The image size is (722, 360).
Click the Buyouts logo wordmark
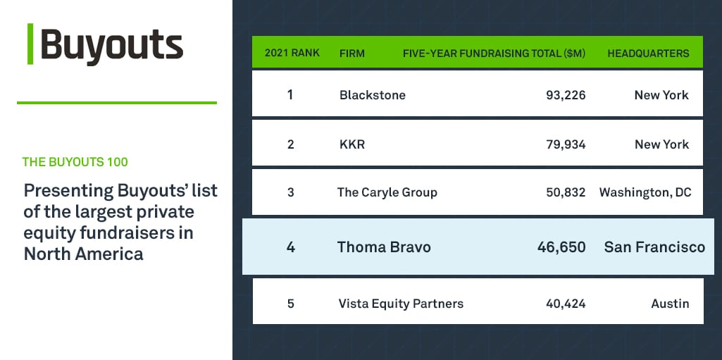[111, 46]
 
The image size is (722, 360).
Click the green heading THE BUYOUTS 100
[75, 162]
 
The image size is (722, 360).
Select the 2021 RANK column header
[292, 54]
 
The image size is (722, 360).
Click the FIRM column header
[351, 54]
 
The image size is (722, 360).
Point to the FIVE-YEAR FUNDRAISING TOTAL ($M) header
[494, 54]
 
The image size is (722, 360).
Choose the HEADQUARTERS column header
[648, 54]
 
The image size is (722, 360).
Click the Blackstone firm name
[372, 95]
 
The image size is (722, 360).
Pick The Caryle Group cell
[387, 192]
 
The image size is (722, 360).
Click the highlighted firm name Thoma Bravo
[383, 247]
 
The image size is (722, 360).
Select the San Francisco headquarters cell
[654, 247]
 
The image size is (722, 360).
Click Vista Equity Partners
[401, 304]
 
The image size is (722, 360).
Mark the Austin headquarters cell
[670, 304]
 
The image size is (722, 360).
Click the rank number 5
[290, 304]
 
